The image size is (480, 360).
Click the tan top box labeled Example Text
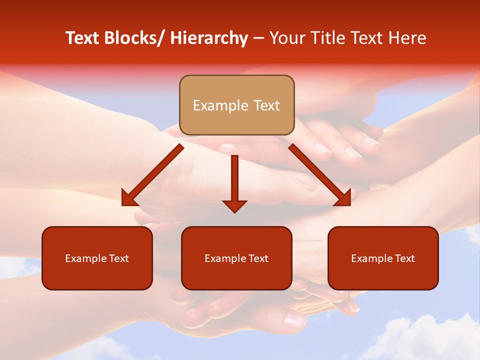pos(236,105)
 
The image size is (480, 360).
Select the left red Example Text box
pos(97,258)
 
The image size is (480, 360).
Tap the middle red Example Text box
pos(236,258)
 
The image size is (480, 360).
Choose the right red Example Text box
pos(383,258)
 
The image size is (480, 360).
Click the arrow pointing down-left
pos(152,175)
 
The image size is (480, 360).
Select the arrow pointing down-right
pos(320,175)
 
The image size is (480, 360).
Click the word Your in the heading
pos(286,38)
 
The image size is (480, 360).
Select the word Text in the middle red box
pos(258,258)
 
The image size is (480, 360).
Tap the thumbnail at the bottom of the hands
pos(295,320)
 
